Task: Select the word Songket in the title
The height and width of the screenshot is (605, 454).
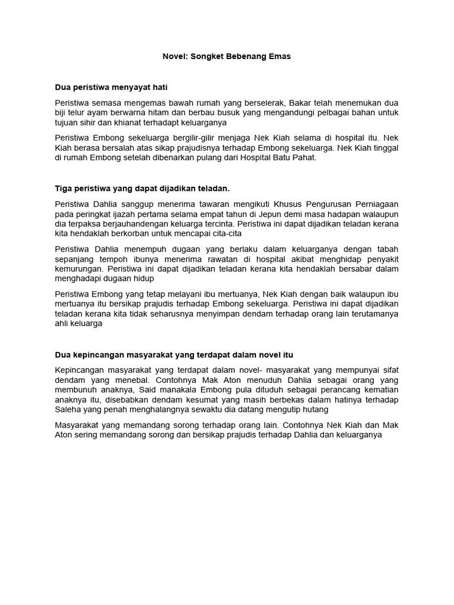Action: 207,56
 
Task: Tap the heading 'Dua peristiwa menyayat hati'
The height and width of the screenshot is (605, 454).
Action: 111,87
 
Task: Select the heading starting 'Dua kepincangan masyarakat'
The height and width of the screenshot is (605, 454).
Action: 174,354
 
